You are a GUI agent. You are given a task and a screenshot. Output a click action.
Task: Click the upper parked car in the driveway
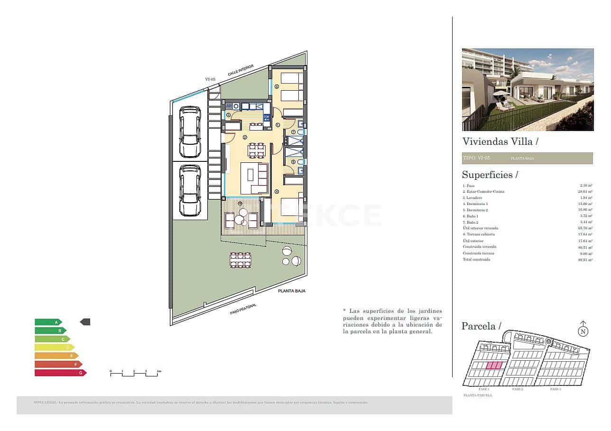click(x=190, y=132)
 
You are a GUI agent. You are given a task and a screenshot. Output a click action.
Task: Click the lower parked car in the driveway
click(x=190, y=190)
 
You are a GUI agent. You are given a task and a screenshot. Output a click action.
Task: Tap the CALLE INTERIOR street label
click(x=241, y=70)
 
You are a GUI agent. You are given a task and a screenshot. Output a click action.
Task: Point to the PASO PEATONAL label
click(x=243, y=309)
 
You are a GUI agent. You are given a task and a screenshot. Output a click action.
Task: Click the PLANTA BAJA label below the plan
click(x=291, y=291)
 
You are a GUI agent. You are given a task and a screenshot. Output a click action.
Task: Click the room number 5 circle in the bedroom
click(x=276, y=86)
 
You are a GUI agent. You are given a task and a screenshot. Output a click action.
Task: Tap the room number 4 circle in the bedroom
click(x=277, y=192)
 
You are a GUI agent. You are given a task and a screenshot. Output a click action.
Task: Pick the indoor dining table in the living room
click(x=257, y=150)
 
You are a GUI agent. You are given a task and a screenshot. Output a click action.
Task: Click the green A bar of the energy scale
click(x=47, y=322)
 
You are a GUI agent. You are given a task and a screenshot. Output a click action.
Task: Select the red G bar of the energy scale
click(x=60, y=373)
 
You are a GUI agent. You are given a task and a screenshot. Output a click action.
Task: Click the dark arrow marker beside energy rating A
click(x=85, y=322)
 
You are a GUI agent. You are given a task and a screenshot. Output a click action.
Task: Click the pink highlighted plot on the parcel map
click(x=494, y=365)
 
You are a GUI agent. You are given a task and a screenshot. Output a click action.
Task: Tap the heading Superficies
click(x=490, y=175)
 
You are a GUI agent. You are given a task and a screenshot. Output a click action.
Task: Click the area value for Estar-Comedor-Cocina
click(x=585, y=192)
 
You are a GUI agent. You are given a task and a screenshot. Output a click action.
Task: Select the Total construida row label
click(x=476, y=260)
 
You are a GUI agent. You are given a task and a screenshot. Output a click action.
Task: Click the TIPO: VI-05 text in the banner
click(x=476, y=158)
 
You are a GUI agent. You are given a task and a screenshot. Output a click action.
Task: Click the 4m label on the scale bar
click(x=159, y=371)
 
